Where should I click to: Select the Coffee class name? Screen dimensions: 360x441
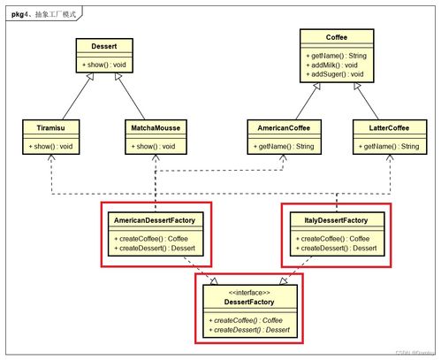(x=335, y=37)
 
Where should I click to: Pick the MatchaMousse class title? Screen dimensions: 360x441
(x=156, y=127)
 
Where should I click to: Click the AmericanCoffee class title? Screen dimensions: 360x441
(x=283, y=127)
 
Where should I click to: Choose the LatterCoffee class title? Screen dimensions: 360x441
(x=388, y=127)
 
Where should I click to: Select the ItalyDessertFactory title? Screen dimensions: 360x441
(x=335, y=219)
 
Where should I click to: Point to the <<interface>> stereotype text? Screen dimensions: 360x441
(x=248, y=291)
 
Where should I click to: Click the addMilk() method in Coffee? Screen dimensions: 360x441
(x=333, y=65)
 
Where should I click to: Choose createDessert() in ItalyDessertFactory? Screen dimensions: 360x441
(x=336, y=248)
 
